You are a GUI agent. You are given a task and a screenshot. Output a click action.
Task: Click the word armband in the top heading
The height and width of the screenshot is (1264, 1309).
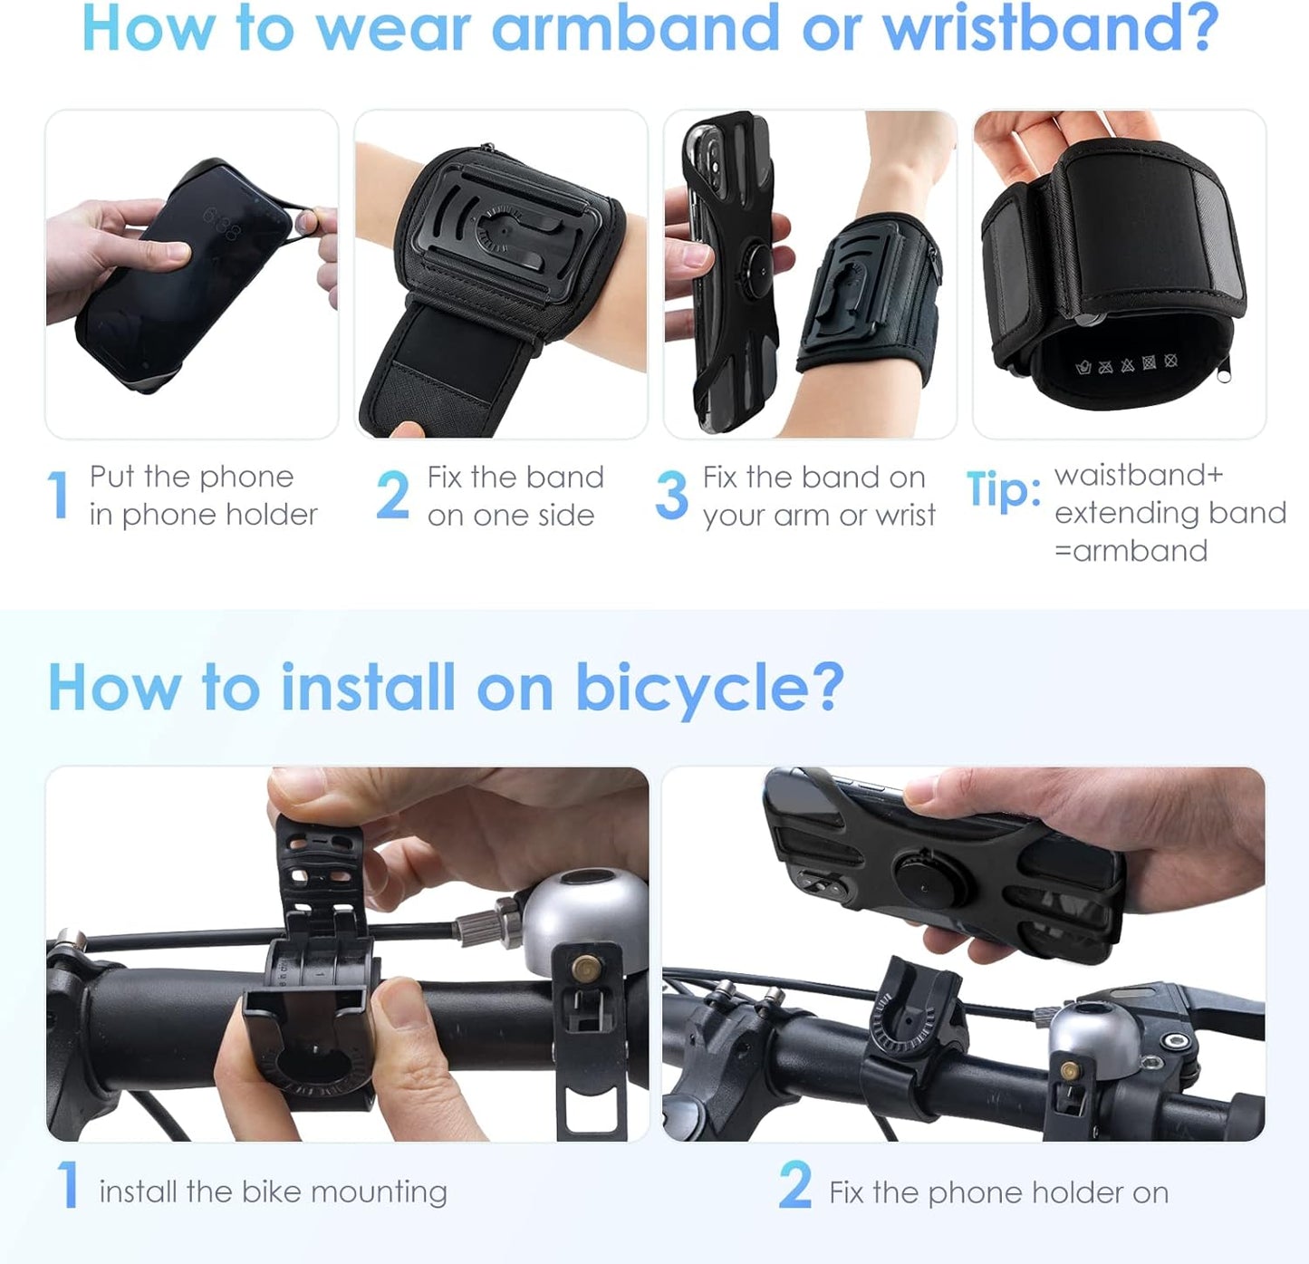tap(634, 29)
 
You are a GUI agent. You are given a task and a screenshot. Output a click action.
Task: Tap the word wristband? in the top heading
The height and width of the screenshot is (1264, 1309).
tap(1051, 29)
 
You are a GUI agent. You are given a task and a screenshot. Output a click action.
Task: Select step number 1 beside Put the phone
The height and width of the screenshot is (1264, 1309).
tap(59, 496)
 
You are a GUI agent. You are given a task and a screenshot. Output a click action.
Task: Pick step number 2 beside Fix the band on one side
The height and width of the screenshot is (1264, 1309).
tap(392, 496)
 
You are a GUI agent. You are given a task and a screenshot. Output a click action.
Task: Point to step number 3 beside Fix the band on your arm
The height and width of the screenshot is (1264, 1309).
tap(671, 496)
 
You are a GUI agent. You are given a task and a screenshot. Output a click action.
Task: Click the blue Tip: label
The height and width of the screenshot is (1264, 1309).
tap(1004, 489)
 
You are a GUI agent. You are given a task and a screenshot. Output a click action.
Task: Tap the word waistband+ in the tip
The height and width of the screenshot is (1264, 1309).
tap(1139, 476)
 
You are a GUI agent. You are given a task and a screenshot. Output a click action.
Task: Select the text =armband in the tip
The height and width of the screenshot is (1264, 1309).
tap(1131, 551)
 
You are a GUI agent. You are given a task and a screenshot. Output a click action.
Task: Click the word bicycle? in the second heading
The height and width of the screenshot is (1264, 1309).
tap(709, 689)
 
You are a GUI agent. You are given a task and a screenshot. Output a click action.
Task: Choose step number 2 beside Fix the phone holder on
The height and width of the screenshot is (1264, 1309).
tap(794, 1185)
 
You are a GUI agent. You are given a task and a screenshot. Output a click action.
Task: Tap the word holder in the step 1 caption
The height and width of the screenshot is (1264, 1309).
tap(271, 515)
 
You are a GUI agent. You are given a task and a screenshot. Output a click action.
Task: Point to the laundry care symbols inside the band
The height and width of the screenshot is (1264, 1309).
tap(1126, 365)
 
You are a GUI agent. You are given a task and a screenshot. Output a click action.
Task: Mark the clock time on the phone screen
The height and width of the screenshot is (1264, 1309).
tap(221, 224)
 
